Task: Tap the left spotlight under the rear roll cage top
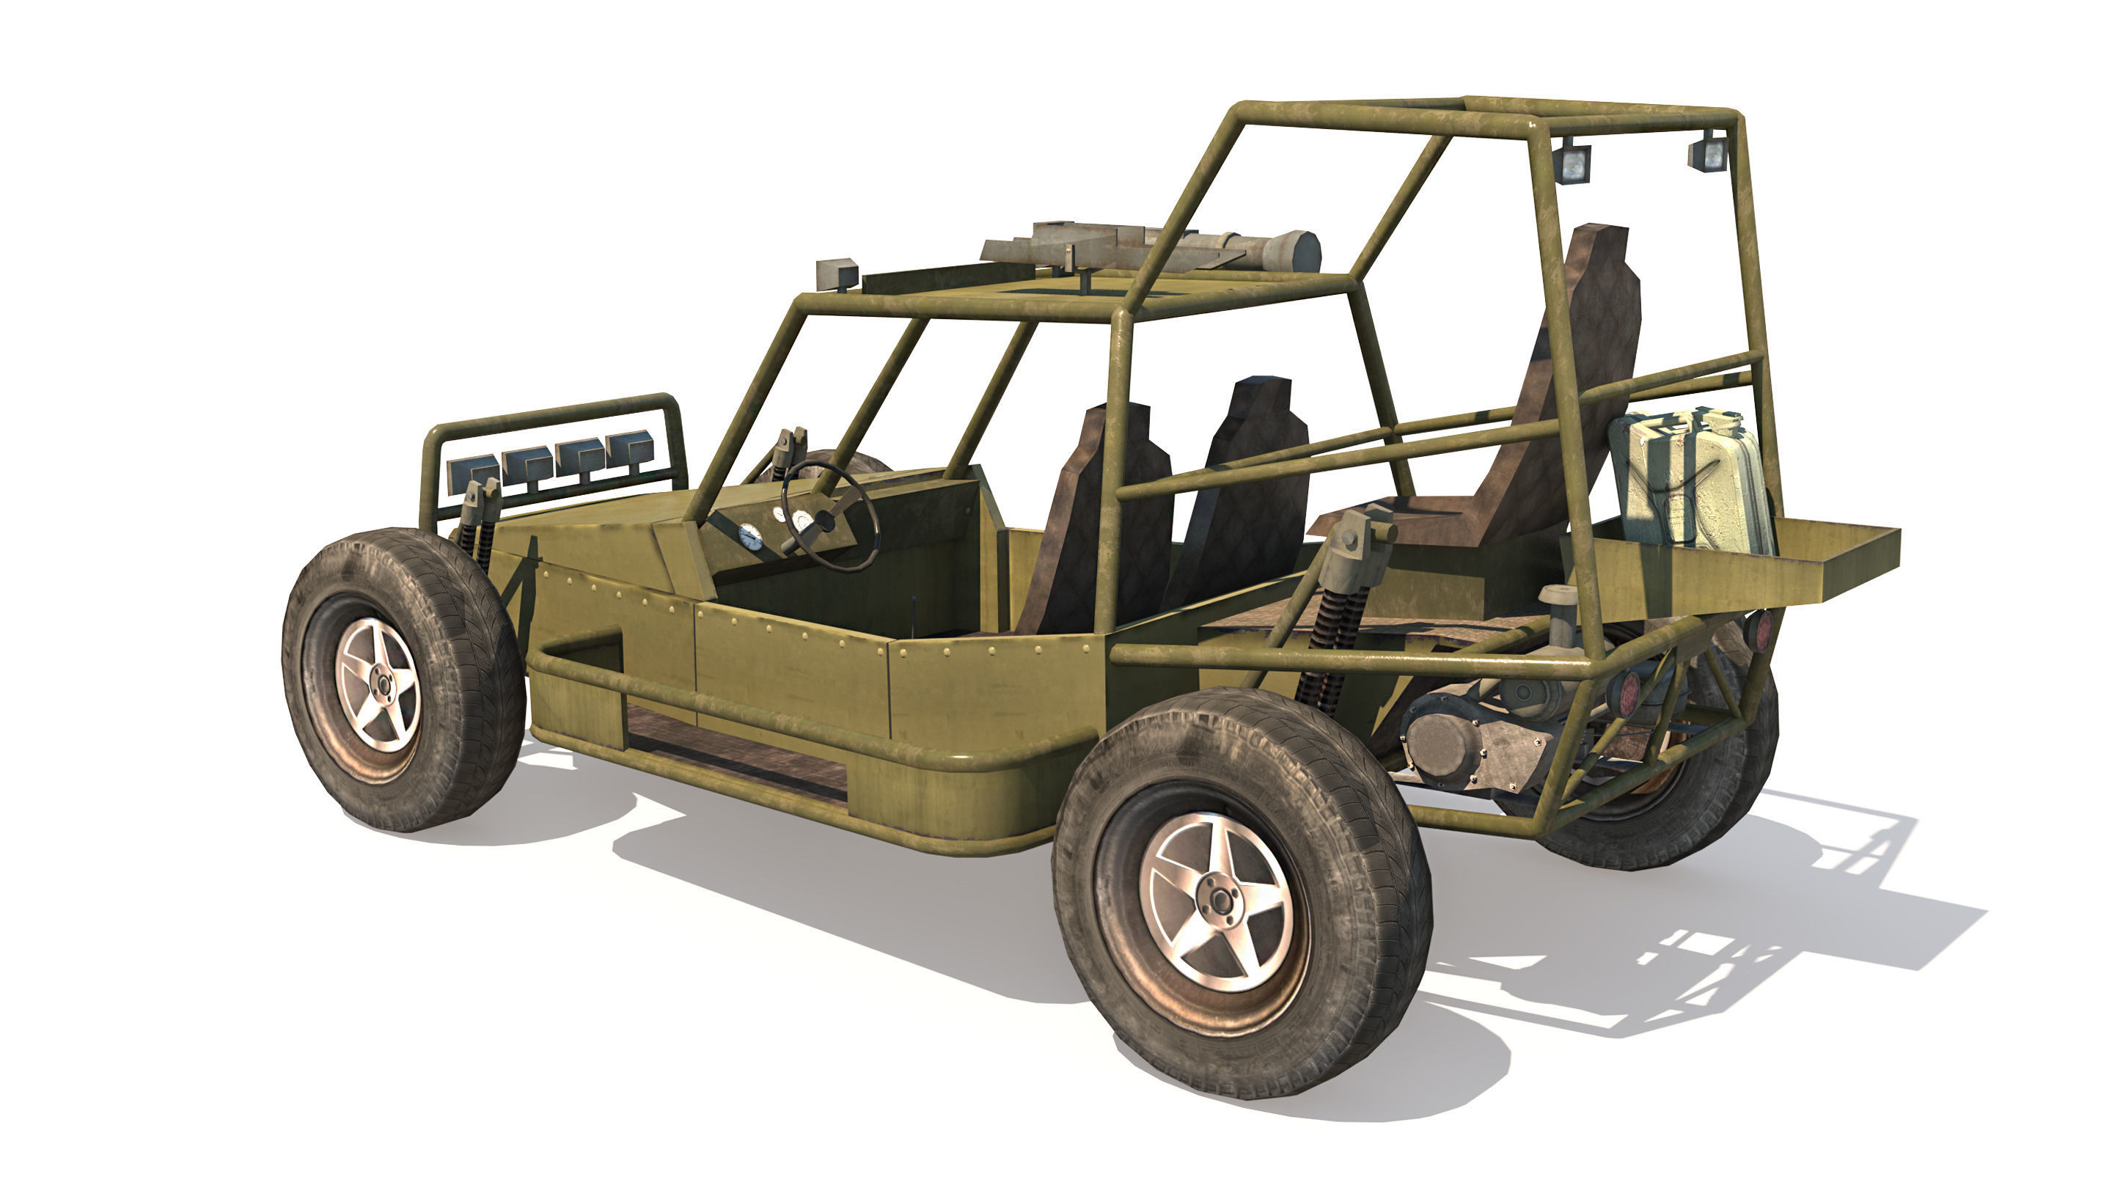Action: pos(1572,163)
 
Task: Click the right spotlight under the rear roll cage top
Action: pos(1708,154)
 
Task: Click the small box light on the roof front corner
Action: pos(836,272)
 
